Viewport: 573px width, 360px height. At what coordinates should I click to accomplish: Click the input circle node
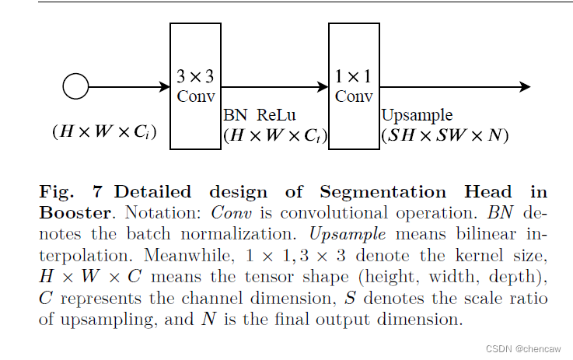[75, 86]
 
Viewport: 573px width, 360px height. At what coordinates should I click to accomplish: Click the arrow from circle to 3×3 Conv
[129, 86]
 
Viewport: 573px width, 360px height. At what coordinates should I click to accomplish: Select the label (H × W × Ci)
[104, 132]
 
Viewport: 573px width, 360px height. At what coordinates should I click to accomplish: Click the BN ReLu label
[260, 116]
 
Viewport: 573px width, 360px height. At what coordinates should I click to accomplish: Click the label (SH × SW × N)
[444, 135]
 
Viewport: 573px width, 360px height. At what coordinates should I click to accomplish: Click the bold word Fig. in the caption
[55, 192]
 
